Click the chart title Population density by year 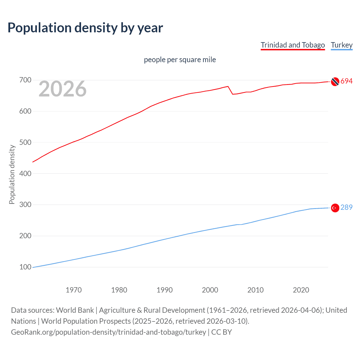point(85,28)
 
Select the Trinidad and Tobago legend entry point(292,45)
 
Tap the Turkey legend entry point(341,45)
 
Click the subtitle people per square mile point(180,60)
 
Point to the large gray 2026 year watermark point(62,89)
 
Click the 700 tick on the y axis point(25,80)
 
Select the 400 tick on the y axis point(25,174)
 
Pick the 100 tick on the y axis point(25,267)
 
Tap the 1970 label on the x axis point(74,290)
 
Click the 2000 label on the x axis point(210,290)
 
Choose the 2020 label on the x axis point(301,290)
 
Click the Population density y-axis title point(12,174)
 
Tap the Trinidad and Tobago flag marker point(335,82)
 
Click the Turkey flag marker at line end point(335,208)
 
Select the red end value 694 point(346,81)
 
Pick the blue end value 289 point(346,208)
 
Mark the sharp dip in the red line point(233,94)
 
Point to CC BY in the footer point(222,332)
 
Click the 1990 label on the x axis point(165,290)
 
